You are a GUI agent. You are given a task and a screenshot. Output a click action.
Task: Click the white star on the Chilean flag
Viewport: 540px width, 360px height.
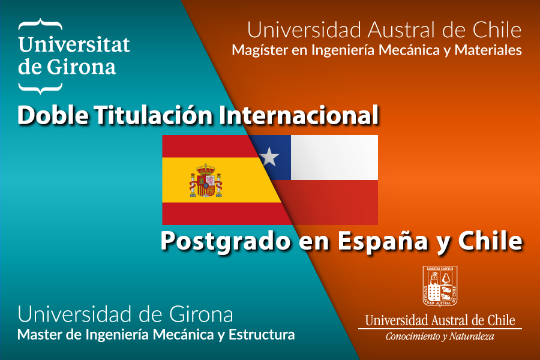(x=269, y=157)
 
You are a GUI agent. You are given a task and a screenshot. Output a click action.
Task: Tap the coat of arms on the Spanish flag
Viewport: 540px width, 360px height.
(x=206, y=181)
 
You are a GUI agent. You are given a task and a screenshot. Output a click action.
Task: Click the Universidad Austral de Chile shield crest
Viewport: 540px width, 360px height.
(x=440, y=286)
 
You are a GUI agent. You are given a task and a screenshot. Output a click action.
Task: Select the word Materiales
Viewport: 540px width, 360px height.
(x=488, y=50)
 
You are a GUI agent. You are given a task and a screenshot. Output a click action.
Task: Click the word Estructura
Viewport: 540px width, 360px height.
(x=262, y=335)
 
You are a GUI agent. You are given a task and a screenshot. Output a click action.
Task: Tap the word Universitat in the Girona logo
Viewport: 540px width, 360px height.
(x=74, y=45)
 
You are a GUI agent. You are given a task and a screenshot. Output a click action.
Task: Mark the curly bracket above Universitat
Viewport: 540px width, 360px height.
(x=40, y=24)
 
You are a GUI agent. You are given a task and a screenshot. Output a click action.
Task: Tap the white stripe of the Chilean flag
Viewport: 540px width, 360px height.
(x=334, y=157)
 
